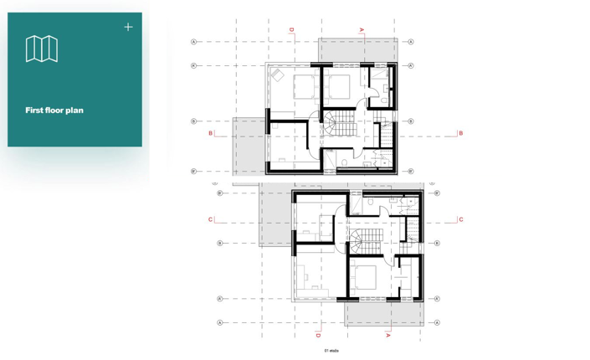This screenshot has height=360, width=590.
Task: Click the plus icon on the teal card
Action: pyautogui.click(x=128, y=27)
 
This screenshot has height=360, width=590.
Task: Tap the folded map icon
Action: pyautogui.click(x=41, y=49)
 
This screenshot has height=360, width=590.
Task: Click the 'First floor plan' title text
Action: pyautogui.click(x=54, y=111)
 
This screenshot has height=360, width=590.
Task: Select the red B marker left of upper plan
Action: pyautogui.click(x=211, y=133)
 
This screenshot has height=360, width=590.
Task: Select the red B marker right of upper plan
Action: pyautogui.click(x=460, y=133)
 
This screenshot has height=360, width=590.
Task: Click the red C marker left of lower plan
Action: pyautogui.click(x=211, y=220)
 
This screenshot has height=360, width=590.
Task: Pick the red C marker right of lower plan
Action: pyautogui.click(x=460, y=220)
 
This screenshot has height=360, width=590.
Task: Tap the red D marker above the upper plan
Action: pyautogui.click(x=292, y=30)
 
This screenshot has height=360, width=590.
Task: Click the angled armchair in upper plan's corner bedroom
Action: pyautogui.click(x=276, y=75)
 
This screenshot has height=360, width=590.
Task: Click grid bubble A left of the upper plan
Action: pyautogui.click(x=194, y=42)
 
